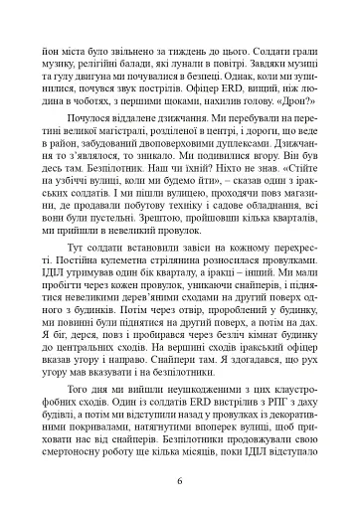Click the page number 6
point(179,484)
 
